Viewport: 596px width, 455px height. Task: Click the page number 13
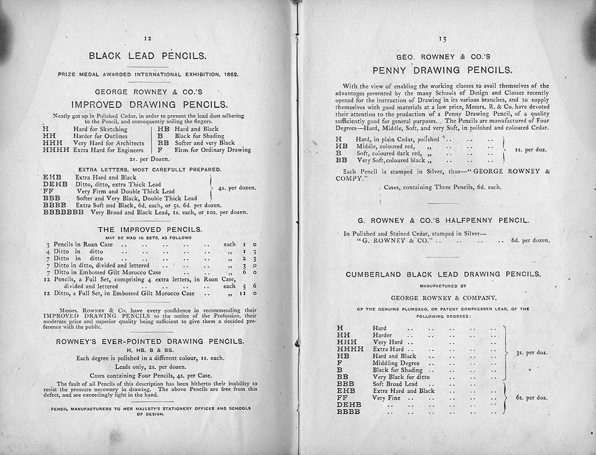click(x=442, y=39)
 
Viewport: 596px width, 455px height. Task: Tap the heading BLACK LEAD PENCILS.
click(x=147, y=56)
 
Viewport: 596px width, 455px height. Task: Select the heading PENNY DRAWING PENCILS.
click(x=442, y=70)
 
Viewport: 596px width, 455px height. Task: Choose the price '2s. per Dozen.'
click(x=147, y=158)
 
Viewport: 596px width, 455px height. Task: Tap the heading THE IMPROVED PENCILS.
click(x=150, y=230)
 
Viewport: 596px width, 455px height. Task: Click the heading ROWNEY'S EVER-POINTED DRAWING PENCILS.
click(x=150, y=341)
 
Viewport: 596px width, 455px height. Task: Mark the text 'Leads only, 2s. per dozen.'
click(x=150, y=366)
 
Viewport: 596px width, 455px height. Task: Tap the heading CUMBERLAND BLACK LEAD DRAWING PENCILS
click(x=443, y=274)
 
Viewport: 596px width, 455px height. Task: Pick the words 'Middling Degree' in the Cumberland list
click(x=396, y=363)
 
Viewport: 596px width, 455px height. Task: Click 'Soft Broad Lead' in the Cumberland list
click(x=394, y=384)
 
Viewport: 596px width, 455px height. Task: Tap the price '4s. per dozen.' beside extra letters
click(x=236, y=187)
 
